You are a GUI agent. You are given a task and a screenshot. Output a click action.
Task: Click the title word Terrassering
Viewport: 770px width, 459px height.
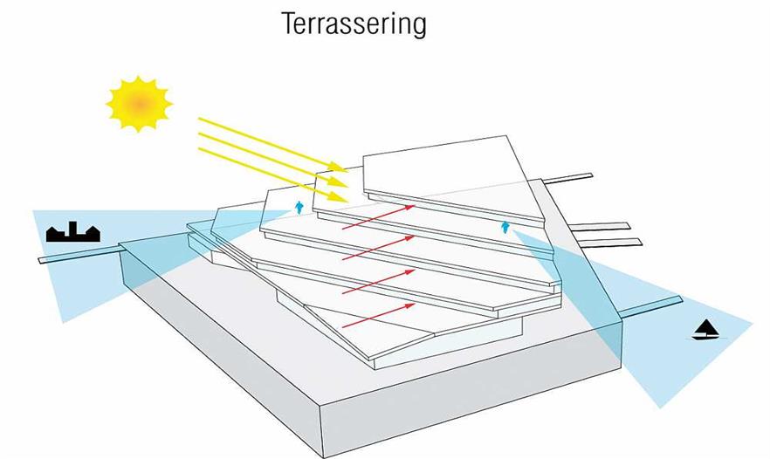click(354, 24)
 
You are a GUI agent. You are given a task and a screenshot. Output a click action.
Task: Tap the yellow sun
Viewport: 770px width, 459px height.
click(139, 104)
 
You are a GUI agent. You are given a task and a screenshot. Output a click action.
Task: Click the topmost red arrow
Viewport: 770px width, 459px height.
click(375, 217)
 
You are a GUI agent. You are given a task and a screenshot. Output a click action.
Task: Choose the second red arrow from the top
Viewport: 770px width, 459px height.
click(375, 247)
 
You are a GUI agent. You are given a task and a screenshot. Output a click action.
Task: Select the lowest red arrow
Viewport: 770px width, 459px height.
click(375, 314)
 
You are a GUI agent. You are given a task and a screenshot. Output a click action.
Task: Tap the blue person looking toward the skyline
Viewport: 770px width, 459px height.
click(299, 207)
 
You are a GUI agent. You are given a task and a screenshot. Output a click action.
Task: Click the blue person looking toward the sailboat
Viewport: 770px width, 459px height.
click(504, 228)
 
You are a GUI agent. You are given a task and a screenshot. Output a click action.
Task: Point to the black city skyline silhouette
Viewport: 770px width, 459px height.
click(73, 232)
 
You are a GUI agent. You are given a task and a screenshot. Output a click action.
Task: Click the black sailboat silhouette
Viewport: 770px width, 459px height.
click(705, 331)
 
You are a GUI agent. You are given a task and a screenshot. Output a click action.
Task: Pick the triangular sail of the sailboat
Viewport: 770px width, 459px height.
click(705, 326)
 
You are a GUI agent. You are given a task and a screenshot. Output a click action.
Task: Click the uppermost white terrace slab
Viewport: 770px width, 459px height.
click(445, 170)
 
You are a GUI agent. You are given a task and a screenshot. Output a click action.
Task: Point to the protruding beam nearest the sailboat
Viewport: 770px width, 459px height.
click(650, 305)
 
